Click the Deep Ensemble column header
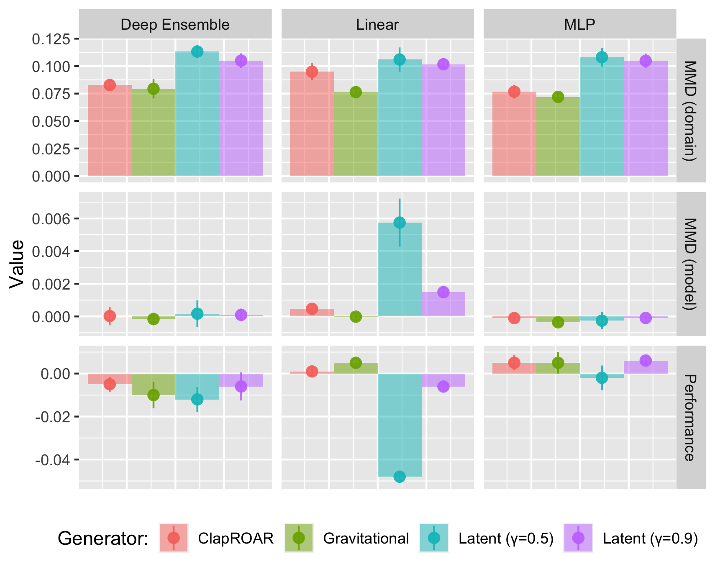pyautogui.click(x=175, y=25)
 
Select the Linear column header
pyautogui.click(x=377, y=25)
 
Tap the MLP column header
pyautogui.click(x=579, y=25)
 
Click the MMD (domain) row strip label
pyautogui.click(x=690, y=110)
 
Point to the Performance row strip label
pyautogui.click(x=690, y=417)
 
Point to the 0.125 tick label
pyautogui.click(x=52, y=39)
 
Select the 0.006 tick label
pyautogui.click(x=52, y=219)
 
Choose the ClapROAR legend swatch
pyautogui.click(x=174, y=538)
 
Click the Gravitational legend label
pyautogui.click(x=366, y=539)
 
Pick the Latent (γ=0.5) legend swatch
pyautogui.click(x=434, y=538)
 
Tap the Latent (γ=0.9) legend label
pyautogui.click(x=650, y=539)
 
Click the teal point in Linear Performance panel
pyautogui.click(x=400, y=476)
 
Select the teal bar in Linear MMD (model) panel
pyautogui.click(x=400, y=272)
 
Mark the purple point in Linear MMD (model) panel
pyautogui.click(x=443, y=292)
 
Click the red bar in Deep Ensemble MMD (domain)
pyautogui.click(x=110, y=134)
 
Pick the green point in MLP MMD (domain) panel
pyautogui.click(x=558, y=97)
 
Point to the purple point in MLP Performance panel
pyautogui.click(x=646, y=360)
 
